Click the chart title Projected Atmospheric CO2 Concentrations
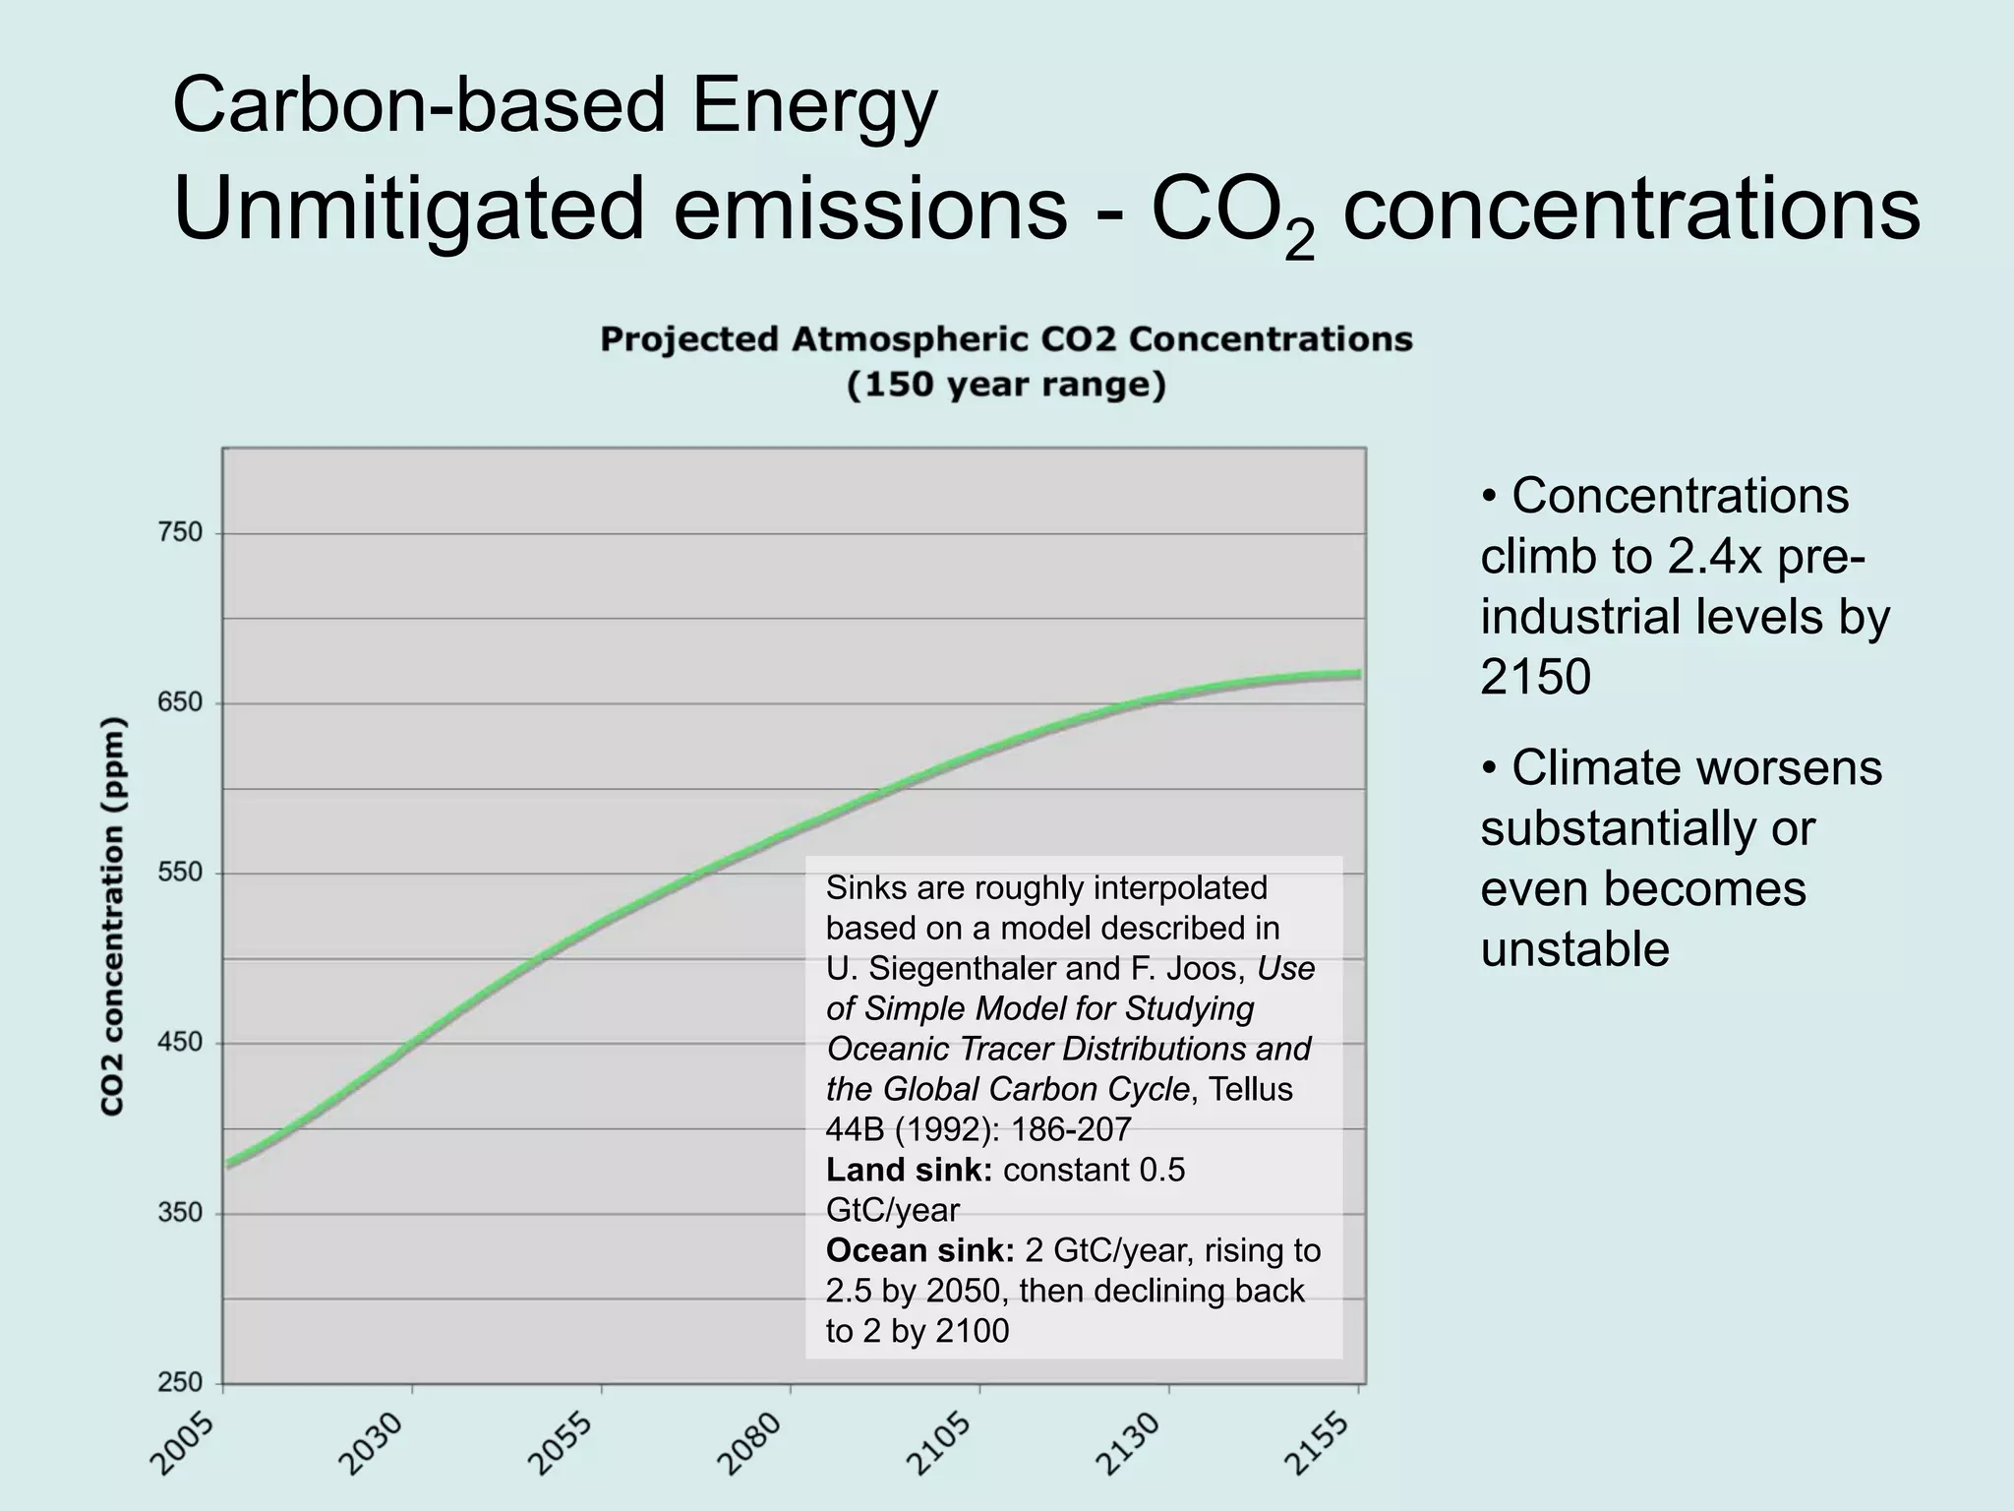(x=1006, y=340)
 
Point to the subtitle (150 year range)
(x=1006, y=385)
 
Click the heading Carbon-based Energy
(x=555, y=106)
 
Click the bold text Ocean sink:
(x=919, y=1251)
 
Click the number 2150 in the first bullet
(x=1535, y=677)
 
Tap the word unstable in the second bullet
(x=1574, y=949)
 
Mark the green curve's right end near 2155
(x=1357, y=675)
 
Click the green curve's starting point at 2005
(x=228, y=1165)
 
